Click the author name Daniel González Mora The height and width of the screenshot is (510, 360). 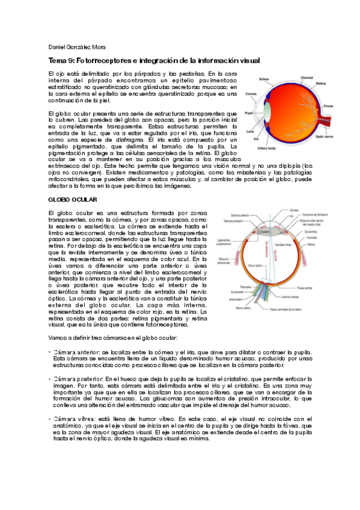75,47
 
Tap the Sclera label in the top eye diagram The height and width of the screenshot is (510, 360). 263,78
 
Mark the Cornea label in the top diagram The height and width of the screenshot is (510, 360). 251,94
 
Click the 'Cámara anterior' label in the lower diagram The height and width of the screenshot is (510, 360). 233,215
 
